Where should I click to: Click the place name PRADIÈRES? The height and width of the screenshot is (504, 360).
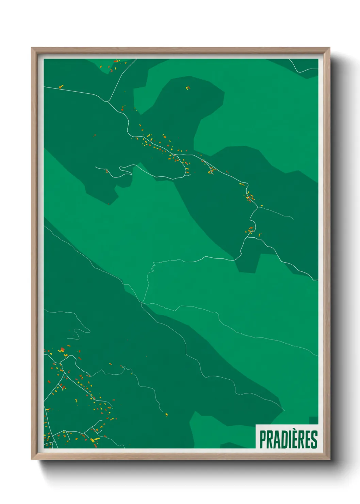pos(288,439)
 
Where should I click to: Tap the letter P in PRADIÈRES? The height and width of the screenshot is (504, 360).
pos(263,439)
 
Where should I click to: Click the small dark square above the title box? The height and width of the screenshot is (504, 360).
pos(313,420)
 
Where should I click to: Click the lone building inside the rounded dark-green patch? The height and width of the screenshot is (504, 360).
pos(187,88)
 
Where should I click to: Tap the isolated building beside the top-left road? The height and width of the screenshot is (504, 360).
pos(61,86)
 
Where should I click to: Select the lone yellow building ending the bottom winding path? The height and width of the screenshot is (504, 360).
pos(166,414)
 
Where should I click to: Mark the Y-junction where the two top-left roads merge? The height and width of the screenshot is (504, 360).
pos(108,101)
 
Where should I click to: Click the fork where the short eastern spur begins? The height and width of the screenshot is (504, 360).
pos(257,207)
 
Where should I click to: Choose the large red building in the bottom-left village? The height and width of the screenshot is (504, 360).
pos(62,350)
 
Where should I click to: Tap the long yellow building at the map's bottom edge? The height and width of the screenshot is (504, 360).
pos(96,440)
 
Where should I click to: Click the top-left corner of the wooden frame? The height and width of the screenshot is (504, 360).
pos(32,48)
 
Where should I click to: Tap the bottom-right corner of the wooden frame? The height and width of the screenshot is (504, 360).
pos(329,459)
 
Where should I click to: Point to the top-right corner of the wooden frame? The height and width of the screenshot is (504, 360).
pos(329,48)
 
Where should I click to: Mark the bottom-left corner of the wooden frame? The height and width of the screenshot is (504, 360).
pos(32,459)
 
